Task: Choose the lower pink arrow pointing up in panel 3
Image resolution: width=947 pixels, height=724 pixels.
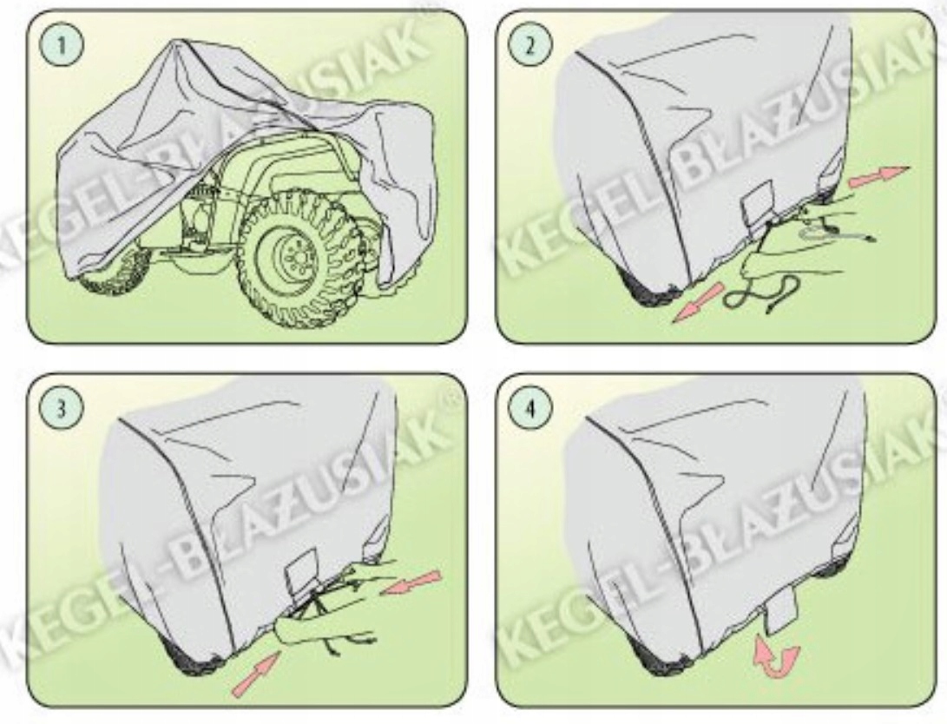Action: pyautogui.click(x=255, y=674)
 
